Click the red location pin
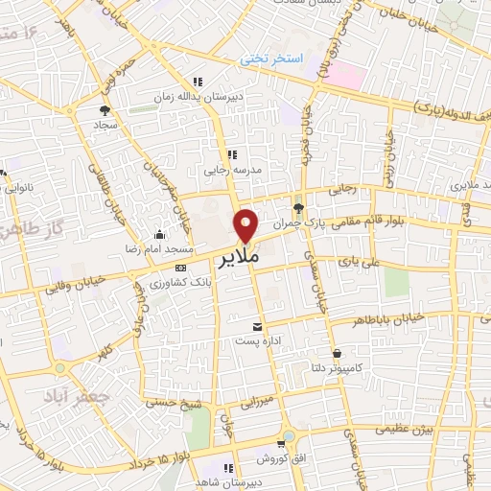pyautogui.click(x=246, y=224)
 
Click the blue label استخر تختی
pyautogui.click(x=271, y=58)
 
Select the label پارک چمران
pyautogui.click(x=295, y=222)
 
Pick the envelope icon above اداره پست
pyautogui.click(x=255, y=326)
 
